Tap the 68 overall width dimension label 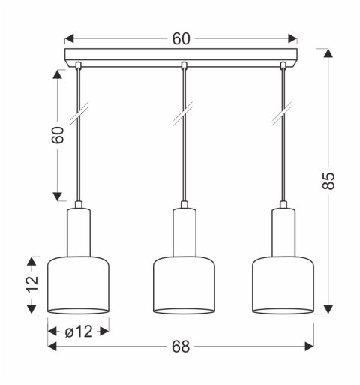pos(181,346)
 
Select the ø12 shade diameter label pos(78,329)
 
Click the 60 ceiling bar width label pos(181,38)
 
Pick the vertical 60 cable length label pos(57,135)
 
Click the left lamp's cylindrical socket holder pos(79,233)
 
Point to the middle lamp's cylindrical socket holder pos(184,233)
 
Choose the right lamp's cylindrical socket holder pos(283,233)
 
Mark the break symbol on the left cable pos(79,117)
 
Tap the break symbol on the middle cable pos(184,117)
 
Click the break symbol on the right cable pos(283,117)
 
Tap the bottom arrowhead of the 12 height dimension pos(31,308)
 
